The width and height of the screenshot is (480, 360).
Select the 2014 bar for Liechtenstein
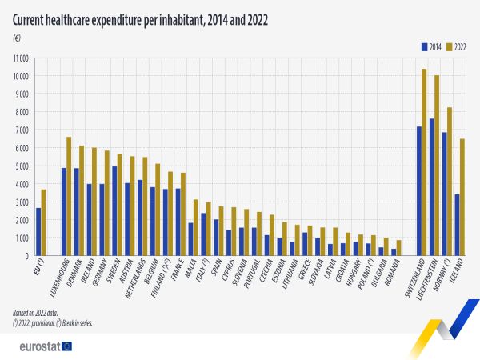(x=431, y=187)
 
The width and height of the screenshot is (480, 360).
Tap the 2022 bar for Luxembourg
(x=68, y=197)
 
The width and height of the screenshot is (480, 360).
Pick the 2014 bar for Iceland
(x=457, y=225)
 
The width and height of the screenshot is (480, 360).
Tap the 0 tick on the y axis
(x=26, y=256)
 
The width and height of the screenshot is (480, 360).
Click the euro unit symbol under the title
(x=16, y=38)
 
